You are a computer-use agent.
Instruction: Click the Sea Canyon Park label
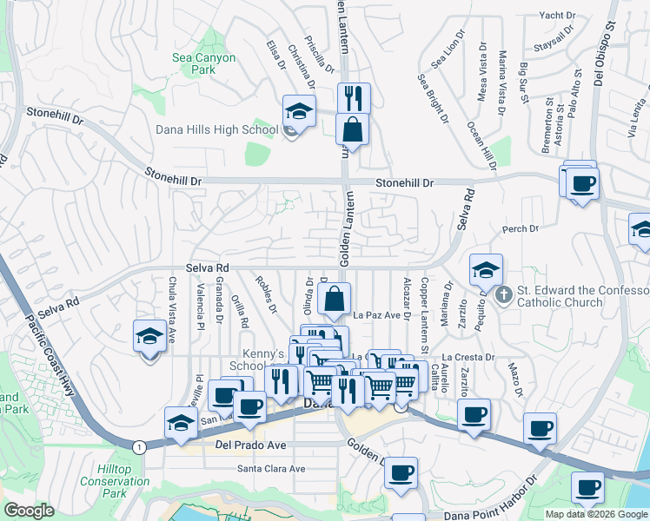(203, 63)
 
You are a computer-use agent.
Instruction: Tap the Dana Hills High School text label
(216, 130)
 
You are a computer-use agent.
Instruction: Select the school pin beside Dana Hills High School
(298, 112)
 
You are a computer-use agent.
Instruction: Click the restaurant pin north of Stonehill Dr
(353, 98)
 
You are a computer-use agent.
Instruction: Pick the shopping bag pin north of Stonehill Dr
(352, 129)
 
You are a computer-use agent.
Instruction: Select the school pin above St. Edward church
(486, 270)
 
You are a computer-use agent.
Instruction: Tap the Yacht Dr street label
(557, 15)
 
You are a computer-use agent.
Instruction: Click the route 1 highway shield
(138, 445)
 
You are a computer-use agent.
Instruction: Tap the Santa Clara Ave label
(271, 469)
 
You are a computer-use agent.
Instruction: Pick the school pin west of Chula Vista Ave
(149, 337)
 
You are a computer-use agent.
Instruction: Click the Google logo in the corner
(29, 511)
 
